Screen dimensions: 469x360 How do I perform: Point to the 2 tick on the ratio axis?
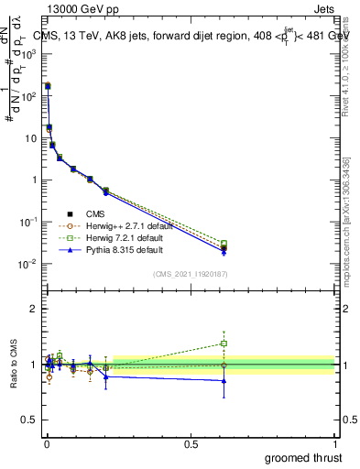coord(33,309)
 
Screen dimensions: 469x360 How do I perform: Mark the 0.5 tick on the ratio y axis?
coord(29,420)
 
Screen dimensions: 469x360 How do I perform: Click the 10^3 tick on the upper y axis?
coord(28,54)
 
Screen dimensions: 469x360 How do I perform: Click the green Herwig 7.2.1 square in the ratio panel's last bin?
coord(224,344)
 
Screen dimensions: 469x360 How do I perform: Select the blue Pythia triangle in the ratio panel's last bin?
coord(224,381)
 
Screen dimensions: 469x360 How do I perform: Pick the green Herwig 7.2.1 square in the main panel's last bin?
coord(224,244)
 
